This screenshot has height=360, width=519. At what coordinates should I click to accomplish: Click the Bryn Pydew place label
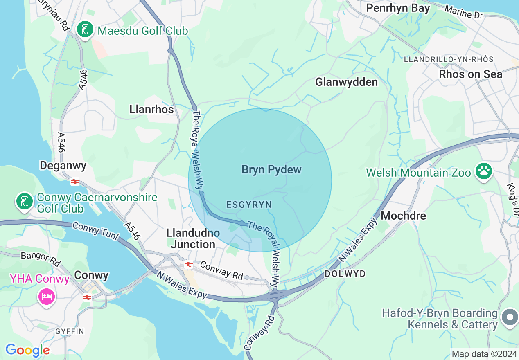click(271, 170)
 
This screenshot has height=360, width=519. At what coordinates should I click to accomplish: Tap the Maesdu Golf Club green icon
click(85, 30)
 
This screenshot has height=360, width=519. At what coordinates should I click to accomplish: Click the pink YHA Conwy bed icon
click(46, 295)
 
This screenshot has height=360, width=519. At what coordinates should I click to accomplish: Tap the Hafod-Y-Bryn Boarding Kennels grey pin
click(510, 318)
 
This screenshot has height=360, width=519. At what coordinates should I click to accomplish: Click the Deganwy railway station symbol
click(75, 182)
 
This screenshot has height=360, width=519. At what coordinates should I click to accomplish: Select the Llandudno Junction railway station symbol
click(188, 264)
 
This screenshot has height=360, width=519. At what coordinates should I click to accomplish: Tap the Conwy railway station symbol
click(87, 297)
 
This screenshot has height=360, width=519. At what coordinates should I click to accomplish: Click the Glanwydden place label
click(346, 82)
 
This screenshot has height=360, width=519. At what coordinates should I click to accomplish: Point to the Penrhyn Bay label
click(398, 8)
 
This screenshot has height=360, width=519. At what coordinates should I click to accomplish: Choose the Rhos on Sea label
click(470, 74)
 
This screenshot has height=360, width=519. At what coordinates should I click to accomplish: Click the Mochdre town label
click(403, 216)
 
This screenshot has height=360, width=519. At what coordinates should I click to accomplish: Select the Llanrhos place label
click(151, 110)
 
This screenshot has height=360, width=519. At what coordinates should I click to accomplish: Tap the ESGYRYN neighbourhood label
click(249, 205)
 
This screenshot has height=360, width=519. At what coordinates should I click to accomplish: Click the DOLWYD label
click(345, 274)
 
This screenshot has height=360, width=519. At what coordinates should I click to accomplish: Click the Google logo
click(27, 351)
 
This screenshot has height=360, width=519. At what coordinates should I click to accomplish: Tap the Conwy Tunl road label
click(95, 231)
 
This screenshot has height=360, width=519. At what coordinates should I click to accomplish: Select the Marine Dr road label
click(464, 12)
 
